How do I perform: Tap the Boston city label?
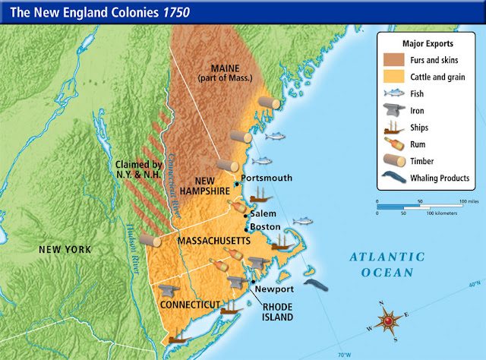pos(265,227)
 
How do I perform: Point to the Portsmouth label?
pos(266,178)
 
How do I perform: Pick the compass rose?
pos(390,321)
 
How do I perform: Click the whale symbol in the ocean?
pos(317,285)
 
